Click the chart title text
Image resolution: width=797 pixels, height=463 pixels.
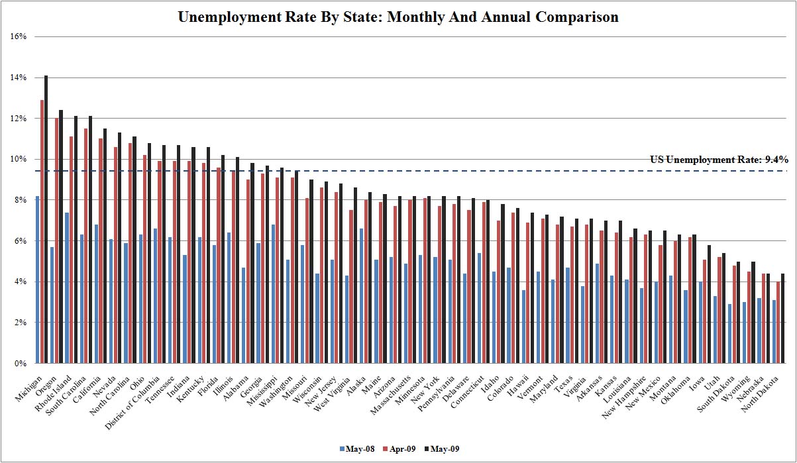point(398,17)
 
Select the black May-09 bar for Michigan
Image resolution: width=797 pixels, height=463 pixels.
point(46,219)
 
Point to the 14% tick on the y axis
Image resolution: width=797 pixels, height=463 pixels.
point(19,77)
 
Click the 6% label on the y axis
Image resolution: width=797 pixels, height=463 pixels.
point(20,241)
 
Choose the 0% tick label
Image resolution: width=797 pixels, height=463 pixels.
point(20,364)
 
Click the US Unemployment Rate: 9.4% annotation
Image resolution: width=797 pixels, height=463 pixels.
point(719,160)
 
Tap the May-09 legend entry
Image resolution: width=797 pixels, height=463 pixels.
point(441,449)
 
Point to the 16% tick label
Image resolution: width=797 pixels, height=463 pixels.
point(19,37)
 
